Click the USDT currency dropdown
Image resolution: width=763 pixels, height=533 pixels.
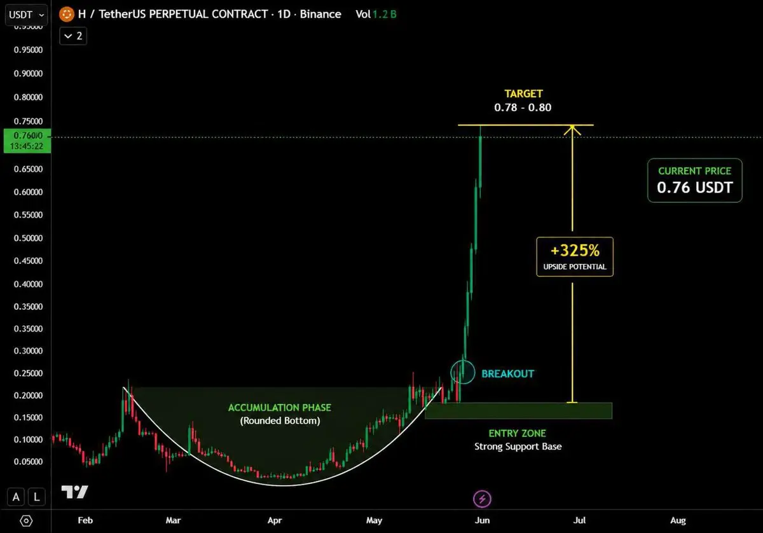point(26,15)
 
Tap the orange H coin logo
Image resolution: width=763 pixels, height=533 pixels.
point(66,15)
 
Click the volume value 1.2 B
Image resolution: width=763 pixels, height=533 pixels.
point(384,15)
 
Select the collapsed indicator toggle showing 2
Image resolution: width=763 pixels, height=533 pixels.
point(73,36)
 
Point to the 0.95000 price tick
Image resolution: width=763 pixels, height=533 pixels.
point(28,50)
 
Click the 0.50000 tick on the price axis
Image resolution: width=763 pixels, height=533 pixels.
point(28,238)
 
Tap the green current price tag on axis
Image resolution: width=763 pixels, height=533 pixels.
point(27,141)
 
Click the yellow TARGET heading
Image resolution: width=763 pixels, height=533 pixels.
point(523,93)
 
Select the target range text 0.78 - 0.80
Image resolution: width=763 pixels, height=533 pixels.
point(523,107)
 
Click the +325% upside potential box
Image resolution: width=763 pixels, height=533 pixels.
point(575,256)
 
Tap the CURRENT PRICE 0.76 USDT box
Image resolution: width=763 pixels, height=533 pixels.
point(694,180)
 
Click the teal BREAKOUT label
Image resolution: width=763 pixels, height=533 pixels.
point(507,374)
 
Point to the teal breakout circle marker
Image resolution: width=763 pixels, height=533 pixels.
point(451,372)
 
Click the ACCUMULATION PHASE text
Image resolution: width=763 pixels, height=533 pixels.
point(280,408)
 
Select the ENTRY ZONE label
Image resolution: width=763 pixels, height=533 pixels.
point(517,433)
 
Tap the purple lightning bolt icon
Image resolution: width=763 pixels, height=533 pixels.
point(482,499)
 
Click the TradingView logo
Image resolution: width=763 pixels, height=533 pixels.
point(74,492)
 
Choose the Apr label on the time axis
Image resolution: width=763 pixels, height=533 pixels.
point(275,520)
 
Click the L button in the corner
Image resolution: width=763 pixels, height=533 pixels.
point(36,497)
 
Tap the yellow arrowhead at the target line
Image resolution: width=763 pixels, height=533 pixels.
point(572,130)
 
